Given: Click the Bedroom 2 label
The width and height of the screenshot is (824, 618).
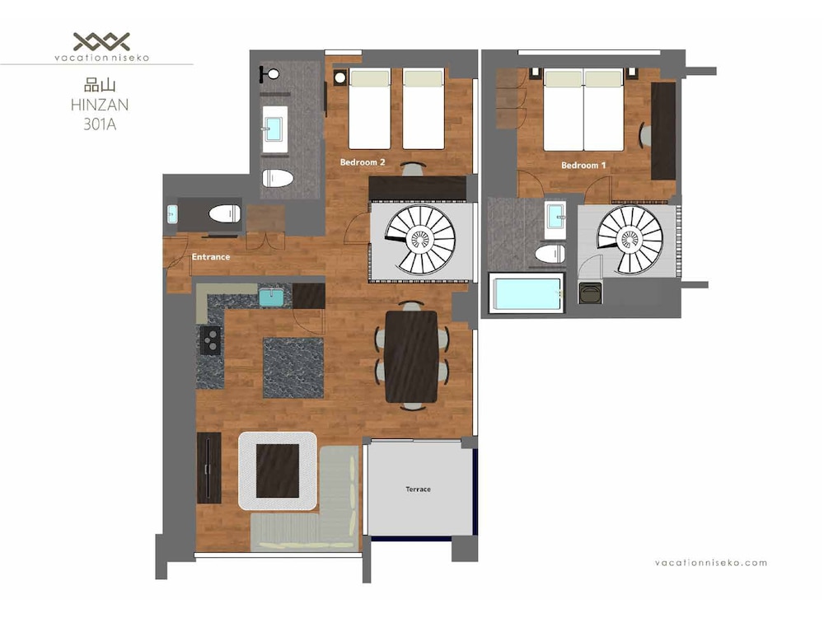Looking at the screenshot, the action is pyautogui.click(x=362, y=162).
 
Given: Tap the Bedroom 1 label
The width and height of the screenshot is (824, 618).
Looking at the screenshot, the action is pyautogui.click(x=583, y=165).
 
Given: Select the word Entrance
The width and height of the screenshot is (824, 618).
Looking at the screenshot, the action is pyautogui.click(x=211, y=257).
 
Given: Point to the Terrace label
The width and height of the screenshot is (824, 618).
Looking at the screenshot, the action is pyautogui.click(x=419, y=489).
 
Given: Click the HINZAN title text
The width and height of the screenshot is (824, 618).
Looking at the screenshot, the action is pyautogui.click(x=100, y=105).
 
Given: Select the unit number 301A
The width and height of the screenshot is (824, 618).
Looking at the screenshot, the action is pyautogui.click(x=100, y=124).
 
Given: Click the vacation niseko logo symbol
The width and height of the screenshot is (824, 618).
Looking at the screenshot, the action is pyautogui.click(x=101, y=41).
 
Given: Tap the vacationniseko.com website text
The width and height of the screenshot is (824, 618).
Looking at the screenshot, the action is pyautogui.click(x=711, y=563).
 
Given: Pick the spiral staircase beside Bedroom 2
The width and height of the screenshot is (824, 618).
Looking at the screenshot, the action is pyautogui.click(x=420, y=240).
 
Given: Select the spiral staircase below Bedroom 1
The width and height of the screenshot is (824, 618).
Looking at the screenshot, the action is pyautogui.click(x=630, y=240).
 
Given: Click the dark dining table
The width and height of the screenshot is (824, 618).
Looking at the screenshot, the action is pyautogui.click(x=411, y=356).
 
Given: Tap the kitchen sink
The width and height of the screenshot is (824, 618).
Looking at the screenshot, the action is pyautogui.click(x=271, y=297).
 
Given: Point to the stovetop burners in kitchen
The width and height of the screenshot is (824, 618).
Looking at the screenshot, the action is pyautogui.click(x=210, y=340).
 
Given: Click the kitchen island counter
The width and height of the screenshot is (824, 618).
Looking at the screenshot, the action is pyautogui.click(x=293, y=368).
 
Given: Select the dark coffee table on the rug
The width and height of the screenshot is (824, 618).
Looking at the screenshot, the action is pyautogui.click(x=278, y=471).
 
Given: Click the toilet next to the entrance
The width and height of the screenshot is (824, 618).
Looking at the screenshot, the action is pyautogui.click(x=224, y=214).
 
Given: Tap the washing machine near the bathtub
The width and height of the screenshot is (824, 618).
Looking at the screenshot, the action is pyautogui.click(x=590, y=293).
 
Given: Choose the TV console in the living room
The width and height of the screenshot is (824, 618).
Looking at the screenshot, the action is pyautogui.click(x=209, y=468).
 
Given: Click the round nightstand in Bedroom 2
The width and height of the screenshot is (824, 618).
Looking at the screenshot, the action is pyautogui.click(x=340, y=77).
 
